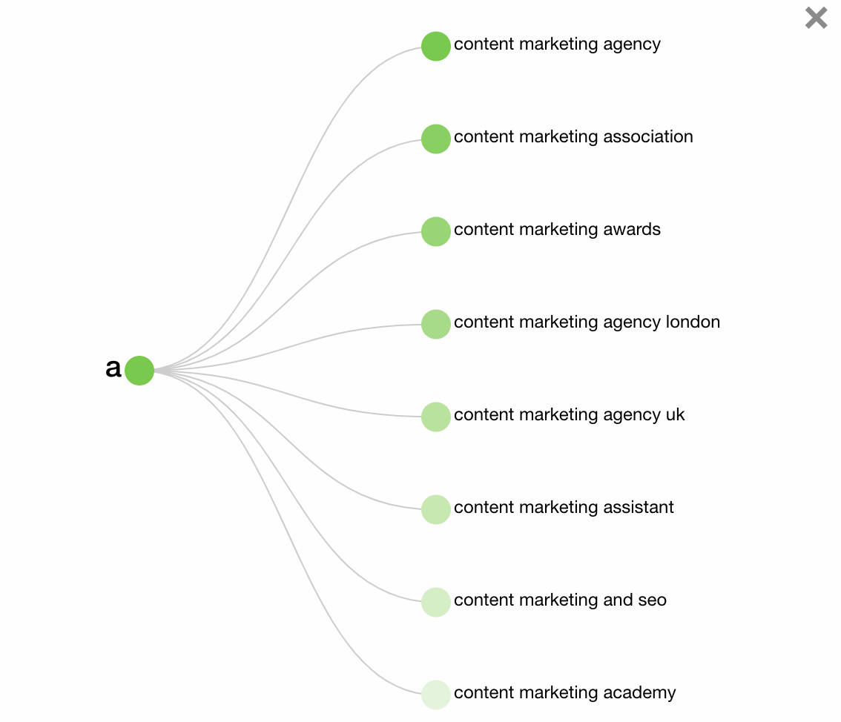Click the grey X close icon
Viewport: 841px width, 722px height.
click(x=816, y=18)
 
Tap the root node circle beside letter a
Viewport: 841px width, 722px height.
click(x=139, y=370)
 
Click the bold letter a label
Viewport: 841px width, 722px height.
click(x=113, y=368)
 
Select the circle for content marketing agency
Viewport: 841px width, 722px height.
click(x=436, y=46)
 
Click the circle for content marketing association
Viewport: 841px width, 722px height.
click(x=436, y=139)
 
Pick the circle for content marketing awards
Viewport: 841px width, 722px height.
click(x=436, y=231)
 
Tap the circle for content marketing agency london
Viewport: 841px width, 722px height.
click(x=436, y=324)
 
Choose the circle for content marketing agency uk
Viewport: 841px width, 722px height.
click(x=436, y=417)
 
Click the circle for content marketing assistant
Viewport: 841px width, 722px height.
click(x=436, y=509)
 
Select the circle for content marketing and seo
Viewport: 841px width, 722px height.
click(x=436, y=602)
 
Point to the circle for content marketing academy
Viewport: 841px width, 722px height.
click(x=436, y=695)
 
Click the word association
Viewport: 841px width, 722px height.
click(x=648, y=137)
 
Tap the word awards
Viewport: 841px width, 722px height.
click(x=632, y=230)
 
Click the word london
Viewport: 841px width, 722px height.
click(x=693, y=322)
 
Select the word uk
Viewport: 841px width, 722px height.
click(x=675, y=415)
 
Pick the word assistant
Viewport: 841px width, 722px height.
click(x=639, y=508)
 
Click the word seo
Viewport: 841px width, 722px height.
click(x=653, y=600)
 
